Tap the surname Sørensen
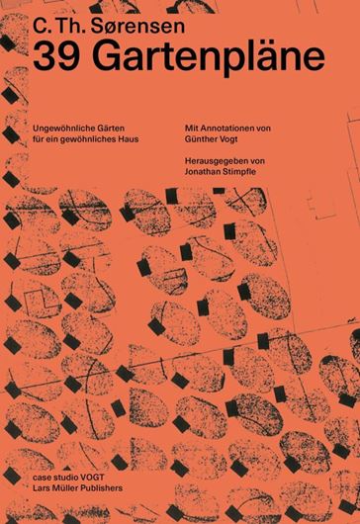pyautogui.click(x=137, y=26)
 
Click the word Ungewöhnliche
pyautogui.click(x=58, y=129)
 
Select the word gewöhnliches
pyautogui.click(x=88, y=139)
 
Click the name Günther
pyautogui.click(x=201, y=138)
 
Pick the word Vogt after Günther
pyautogui.click(x=228, y=139)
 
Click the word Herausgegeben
pyautogui.click(x=215, y=161)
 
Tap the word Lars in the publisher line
pyautogui.click(x=41, y=487)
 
